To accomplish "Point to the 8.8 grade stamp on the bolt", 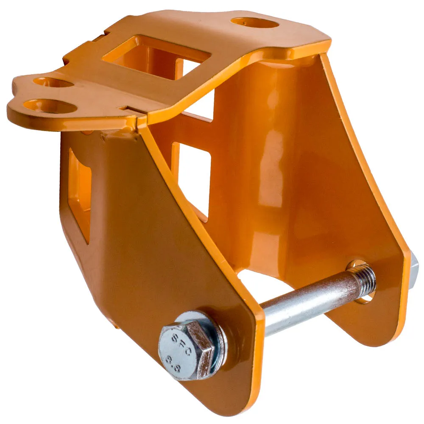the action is pos(173,364).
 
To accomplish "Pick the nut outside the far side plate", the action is pos(414,273).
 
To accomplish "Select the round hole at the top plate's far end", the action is pos(255,23).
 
